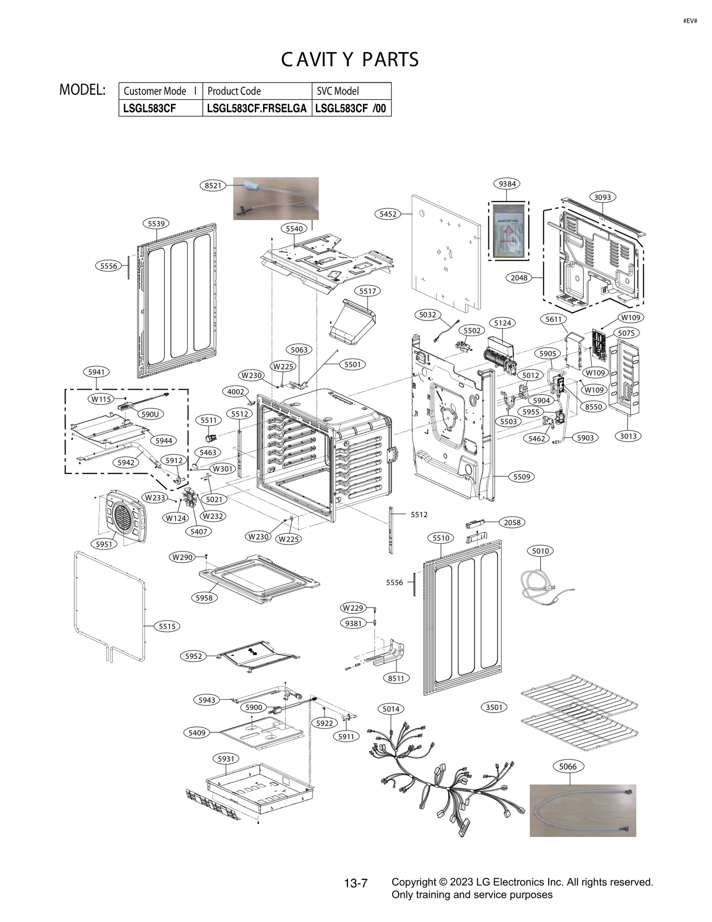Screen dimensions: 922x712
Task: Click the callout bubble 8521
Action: pyautogui.click(x=213, y=186)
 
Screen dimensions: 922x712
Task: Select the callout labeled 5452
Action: pyautogui.click(x=388, y=214)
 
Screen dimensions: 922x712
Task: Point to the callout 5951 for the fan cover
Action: pyautogui.click(x=104, y=544)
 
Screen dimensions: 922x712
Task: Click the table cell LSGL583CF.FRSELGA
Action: pyautogui.click(x=257, y=108)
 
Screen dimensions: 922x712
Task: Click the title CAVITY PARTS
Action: pyautogui.click(x=350, y=60)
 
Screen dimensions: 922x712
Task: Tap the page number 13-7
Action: pyautogui.click(x=356, y=883)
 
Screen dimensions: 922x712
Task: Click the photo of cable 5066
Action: pyautogui.click(x=582, y=811)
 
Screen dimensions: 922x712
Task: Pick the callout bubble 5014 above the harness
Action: pyautogui.click(x=391, y=708)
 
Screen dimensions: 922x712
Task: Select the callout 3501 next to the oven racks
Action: pyautogui.click(x=494, y=707)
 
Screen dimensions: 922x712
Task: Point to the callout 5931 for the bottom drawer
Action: pyautogui.click(x=226, y=759)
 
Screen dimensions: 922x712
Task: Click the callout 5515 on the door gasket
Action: pyautogui.click(x=167, y=626)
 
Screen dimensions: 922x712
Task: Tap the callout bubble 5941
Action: pyautogui.click(x=96, y=372)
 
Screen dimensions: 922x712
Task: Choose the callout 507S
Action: pyautogui.click(x=626, y=333)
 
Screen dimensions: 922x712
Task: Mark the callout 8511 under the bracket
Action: pyautogui.click(x=396, y=678)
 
